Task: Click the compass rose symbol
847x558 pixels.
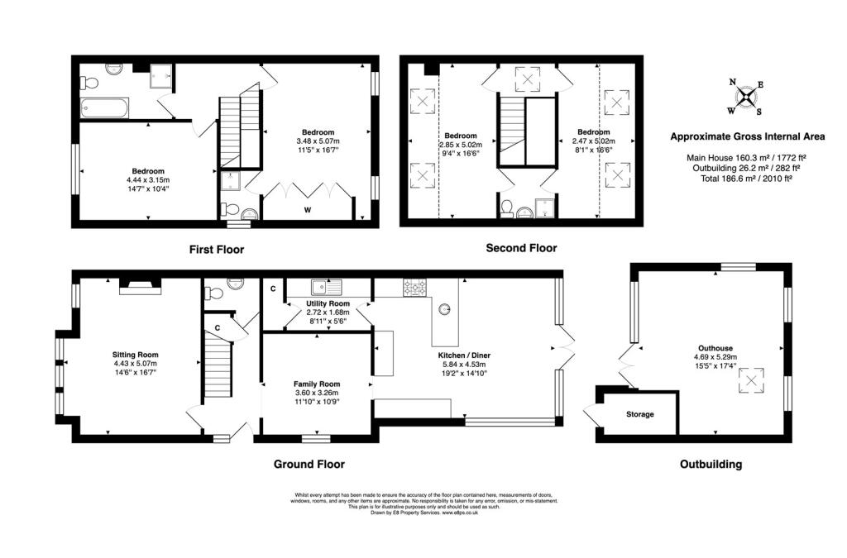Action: click(745, 98)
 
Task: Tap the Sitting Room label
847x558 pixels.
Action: click(135, 355)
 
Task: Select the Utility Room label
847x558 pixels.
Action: click(328, 304)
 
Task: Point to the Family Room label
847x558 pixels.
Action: click(317, 384)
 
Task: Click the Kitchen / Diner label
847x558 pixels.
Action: click(465, 355)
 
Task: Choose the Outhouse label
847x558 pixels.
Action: click(715, 348)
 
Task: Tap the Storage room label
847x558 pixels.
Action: click(640, 414)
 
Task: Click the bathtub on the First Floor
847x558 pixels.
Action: click(104, 108)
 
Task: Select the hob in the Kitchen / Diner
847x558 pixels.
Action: click(414, 287)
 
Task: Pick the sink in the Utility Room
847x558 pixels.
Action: click(327, 287)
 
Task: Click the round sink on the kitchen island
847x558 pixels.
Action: click(444, 309)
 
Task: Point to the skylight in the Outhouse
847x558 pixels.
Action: click(751, 380)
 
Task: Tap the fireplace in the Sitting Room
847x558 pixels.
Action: click(141, 285)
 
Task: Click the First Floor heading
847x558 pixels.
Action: click(217, 250)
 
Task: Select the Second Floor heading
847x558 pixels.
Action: click(521, 248)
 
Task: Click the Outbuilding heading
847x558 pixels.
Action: click(711, 464)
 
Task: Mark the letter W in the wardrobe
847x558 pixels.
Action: click(308, 210)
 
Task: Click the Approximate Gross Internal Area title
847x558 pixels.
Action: click(748, 136)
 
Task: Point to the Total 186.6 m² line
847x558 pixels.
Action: click(747, 178)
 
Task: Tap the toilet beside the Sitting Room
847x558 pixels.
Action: click(213, 293)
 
